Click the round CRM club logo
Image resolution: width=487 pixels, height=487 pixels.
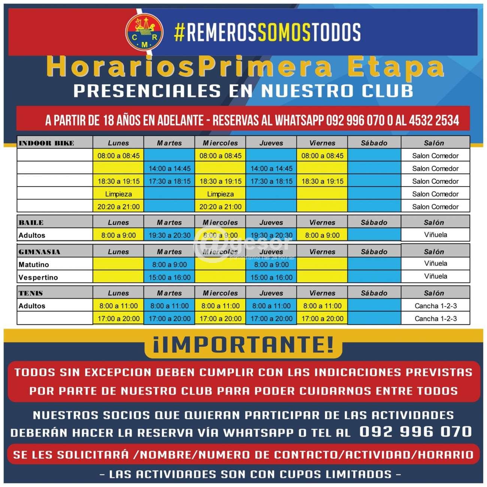click(x=144, y=32)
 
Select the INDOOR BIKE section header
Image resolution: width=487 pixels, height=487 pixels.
click(x=46, y=143)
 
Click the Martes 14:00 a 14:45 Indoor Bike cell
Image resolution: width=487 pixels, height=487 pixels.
click(x=169, y=169)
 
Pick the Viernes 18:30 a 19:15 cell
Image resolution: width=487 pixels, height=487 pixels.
click(x=322, y=181)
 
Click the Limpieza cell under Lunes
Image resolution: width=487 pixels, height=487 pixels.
click(x=118, y=194)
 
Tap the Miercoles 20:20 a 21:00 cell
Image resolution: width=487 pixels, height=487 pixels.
click(x=220, y=207)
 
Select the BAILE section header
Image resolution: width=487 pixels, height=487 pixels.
click(x=31, y=223)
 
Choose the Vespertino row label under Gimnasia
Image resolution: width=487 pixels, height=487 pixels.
click(x=38, y=278)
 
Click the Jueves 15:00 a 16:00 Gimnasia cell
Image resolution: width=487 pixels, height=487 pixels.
click(x=271, y=278)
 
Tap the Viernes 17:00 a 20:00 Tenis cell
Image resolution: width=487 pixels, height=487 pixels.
click(x=322, y=319)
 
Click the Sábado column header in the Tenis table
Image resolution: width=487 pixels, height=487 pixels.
click(x=374, y=293)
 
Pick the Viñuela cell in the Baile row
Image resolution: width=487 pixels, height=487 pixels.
click(x=435, y=235)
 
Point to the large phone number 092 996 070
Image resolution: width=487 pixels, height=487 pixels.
click(x=415, y=432)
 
